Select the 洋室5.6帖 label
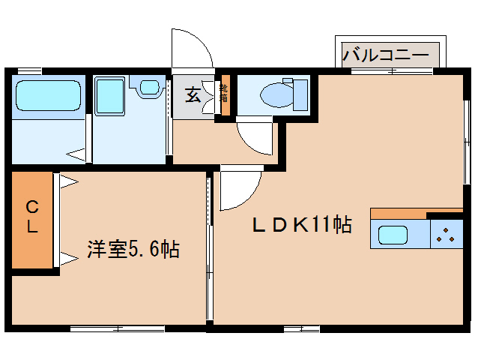click(x=133, y=250)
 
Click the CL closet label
click(x=32, y=217)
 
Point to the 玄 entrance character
click(x=193, y=95)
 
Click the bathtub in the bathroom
click(x=46, y=96)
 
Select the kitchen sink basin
click(x=393, y=235)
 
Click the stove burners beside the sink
click(x=447, y=235)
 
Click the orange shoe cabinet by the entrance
click(x=224, y=95)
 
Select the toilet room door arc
click(x=255, y=139)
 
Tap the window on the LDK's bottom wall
click(x=302, y=328)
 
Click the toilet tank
click(x=300, y=95)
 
